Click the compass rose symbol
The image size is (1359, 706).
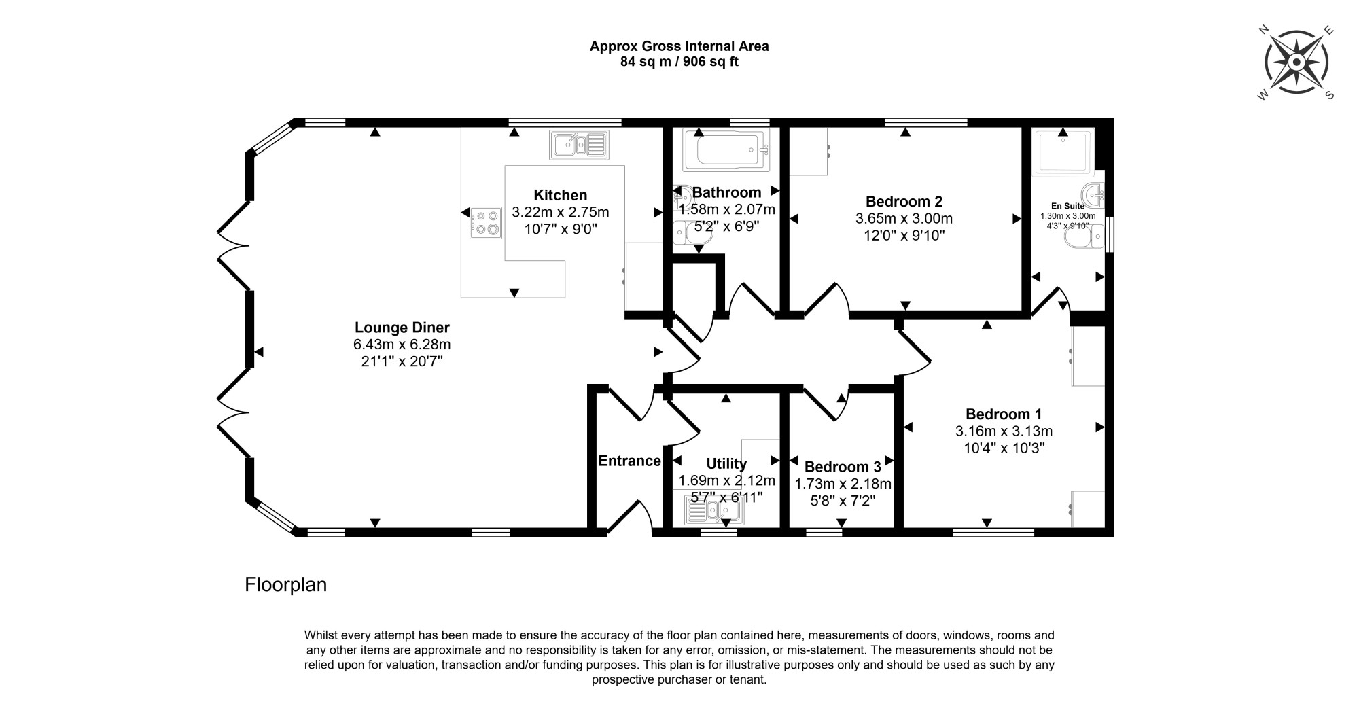1296,63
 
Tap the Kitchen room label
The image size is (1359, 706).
560,195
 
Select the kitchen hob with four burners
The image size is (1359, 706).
485,223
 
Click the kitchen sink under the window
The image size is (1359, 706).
579,145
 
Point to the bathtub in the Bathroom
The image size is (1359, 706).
726,149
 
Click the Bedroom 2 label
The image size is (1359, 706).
904,201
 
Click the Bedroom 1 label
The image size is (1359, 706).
1004,414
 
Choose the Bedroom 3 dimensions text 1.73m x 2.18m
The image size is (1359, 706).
843,484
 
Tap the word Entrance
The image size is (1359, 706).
629,461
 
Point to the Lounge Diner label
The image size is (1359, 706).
402,328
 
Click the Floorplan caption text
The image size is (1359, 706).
285,585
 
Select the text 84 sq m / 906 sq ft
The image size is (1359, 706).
679,62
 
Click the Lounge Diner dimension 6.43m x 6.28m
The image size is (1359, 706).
402,345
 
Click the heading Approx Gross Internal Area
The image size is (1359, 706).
679,46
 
